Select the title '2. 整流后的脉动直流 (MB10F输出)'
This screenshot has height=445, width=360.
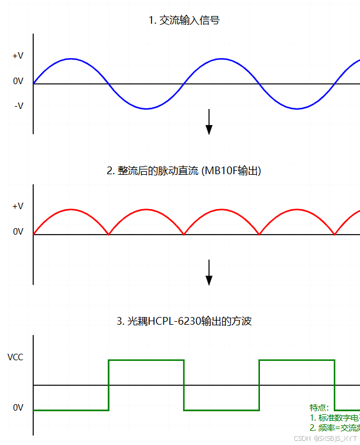tap(184, 171)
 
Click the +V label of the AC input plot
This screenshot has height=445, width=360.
tap(18, 56)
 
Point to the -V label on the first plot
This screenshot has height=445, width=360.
tap(18, 106)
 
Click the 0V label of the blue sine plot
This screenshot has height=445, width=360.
tap(18, 81)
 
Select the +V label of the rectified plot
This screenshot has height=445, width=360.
tap(18, 206)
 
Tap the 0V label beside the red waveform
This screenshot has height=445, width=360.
tap(18, 232)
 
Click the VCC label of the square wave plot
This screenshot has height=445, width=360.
tap(15, 357)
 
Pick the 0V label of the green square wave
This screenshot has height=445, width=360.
tap(18, 408)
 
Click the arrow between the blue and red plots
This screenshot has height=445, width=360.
tap(209, 121)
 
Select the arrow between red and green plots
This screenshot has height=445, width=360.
tap(209, 272)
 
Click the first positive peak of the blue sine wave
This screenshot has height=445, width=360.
tap(71, 59)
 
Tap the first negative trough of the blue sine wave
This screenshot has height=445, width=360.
tap(146, 108)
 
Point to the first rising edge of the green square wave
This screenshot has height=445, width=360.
tap(108, 385)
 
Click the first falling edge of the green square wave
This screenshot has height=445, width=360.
tap(184, 385)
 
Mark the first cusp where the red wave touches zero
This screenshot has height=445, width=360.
tap(108, 234)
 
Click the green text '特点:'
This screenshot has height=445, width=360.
tap(319, 408)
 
